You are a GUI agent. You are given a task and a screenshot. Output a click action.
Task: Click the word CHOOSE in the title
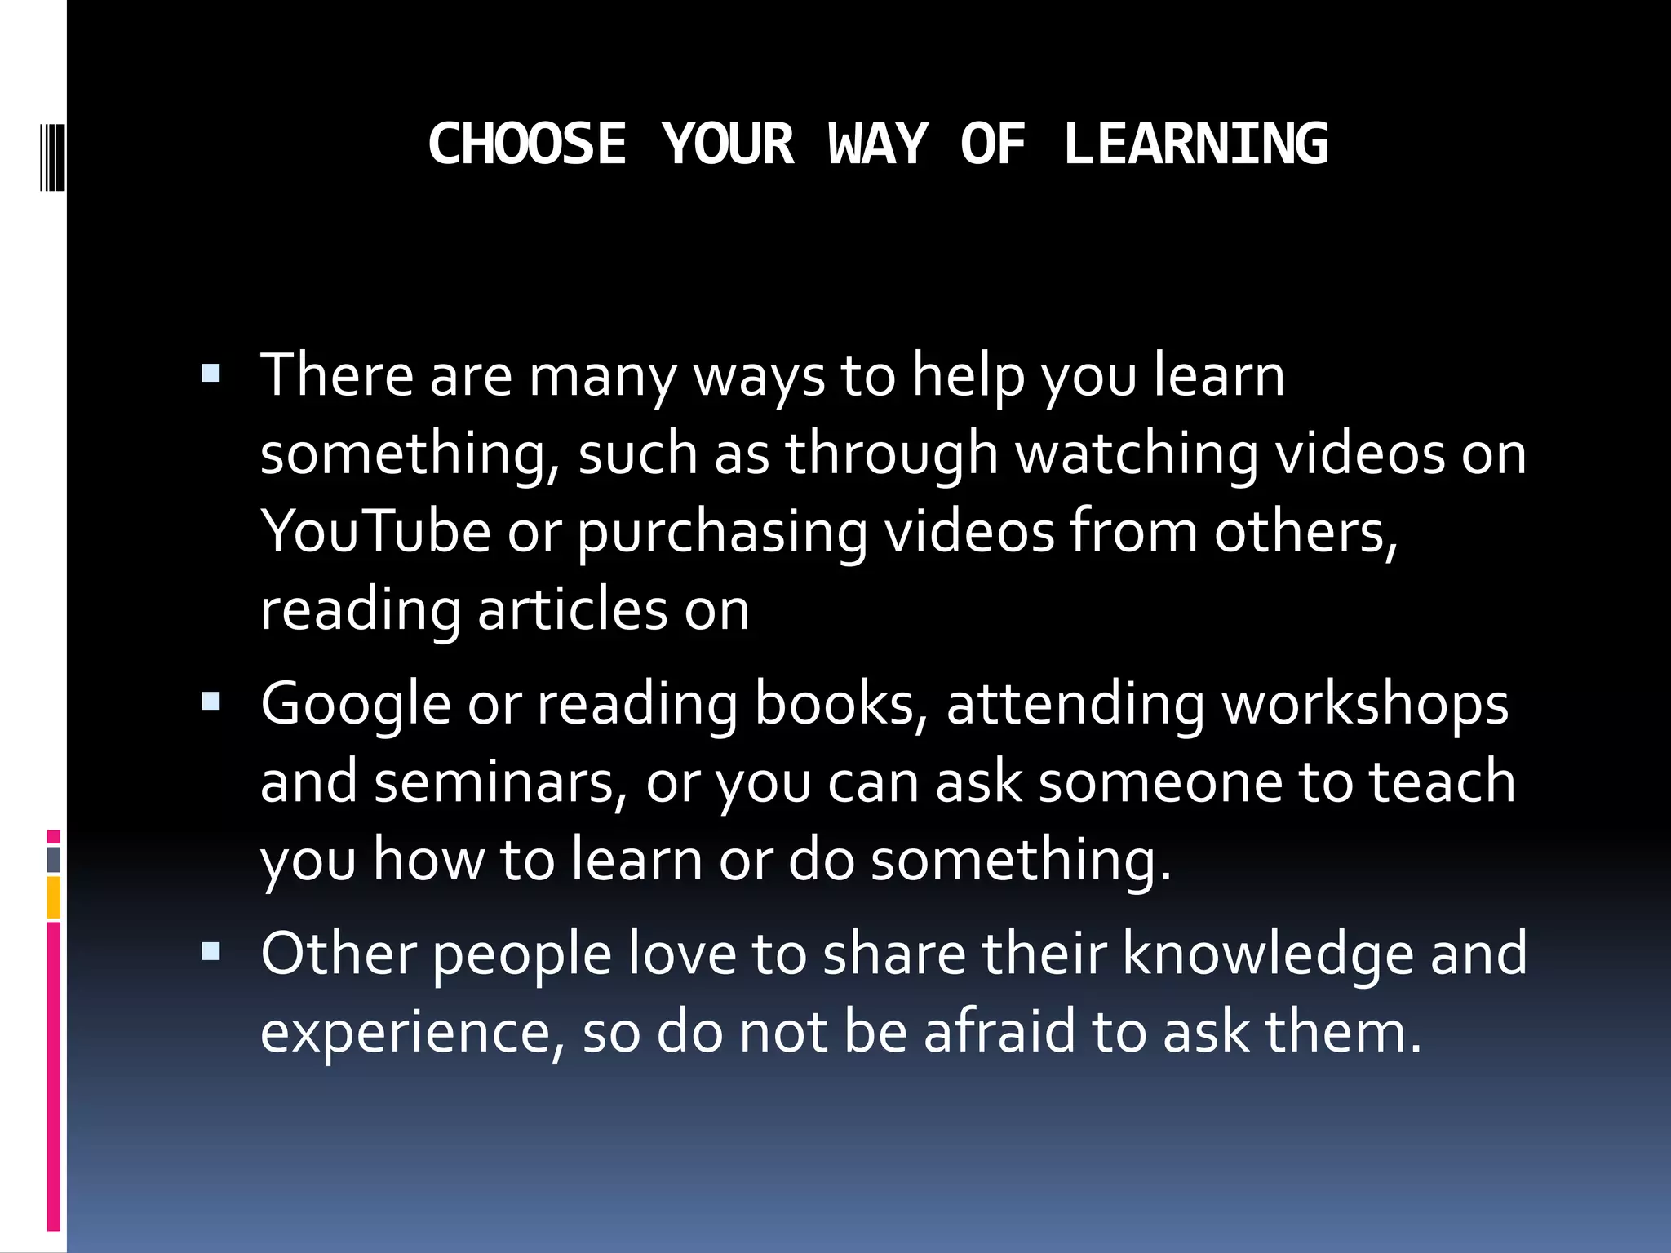coord(527,144)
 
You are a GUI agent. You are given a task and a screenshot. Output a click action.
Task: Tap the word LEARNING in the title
coord(1195,144)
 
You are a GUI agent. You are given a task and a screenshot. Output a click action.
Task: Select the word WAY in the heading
coord(878,144)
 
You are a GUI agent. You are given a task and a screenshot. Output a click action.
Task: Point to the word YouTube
coord(375,532)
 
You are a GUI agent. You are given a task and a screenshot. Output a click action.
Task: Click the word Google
coord(355,705)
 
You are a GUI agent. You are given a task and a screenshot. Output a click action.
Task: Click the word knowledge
coord(1268,954)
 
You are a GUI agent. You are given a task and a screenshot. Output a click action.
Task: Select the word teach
coord(1442,781)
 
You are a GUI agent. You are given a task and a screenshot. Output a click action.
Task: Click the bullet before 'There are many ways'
coord(211,374)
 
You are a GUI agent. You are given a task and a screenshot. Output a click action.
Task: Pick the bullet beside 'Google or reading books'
coord(211,702)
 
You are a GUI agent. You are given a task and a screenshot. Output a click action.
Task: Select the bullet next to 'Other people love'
coord(211,951)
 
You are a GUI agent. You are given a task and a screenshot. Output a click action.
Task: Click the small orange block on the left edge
coord(53,897)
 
